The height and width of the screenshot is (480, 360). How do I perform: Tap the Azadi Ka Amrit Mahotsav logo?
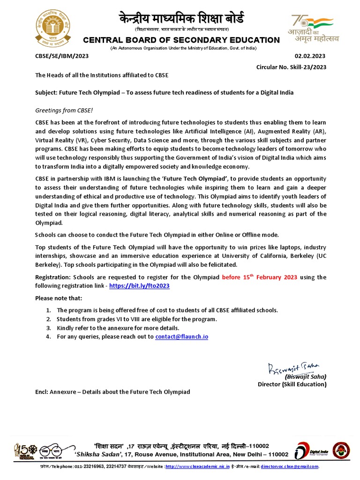pos(312,29)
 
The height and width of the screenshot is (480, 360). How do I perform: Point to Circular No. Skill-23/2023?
pos(291,67)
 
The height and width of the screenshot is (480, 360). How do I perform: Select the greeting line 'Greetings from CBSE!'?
pos(64,110)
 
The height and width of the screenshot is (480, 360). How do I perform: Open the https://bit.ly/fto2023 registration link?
pos(139,285)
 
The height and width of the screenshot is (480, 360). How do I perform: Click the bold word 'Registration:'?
pos(53,277)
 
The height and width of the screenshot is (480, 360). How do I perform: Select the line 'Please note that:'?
pos(59,298)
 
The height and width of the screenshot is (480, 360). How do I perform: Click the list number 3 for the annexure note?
pos(48,328)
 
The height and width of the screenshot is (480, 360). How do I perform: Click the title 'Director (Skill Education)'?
pos(292,384)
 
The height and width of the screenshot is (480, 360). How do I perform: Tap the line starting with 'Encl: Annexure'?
pos(113,392)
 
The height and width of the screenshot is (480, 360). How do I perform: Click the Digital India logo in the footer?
pos(311,450)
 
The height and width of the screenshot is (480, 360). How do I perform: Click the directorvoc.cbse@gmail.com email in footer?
pos(290,467)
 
